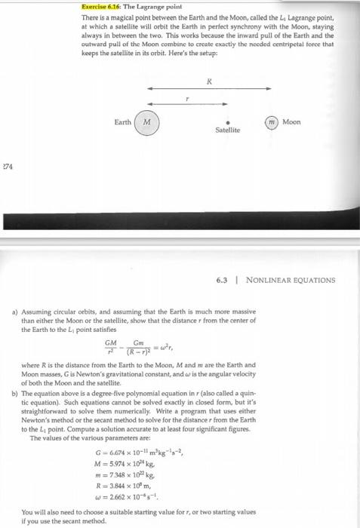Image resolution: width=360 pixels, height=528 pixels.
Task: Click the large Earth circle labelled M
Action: [x=148, y=122]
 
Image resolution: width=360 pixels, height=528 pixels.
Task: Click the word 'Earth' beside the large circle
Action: [x=123, y=122]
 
